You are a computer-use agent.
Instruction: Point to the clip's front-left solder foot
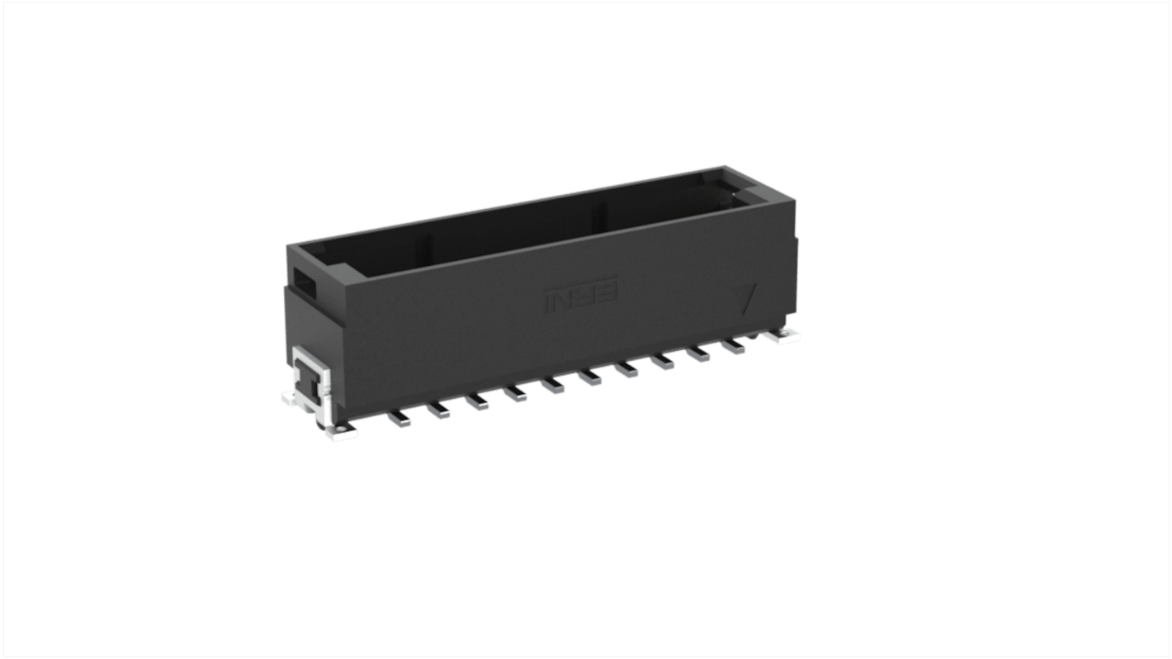click(341, 430)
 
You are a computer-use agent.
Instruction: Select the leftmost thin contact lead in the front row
click(399, 420)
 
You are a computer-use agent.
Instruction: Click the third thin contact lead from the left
click(477, 403)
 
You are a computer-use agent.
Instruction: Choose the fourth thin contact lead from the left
click(516, 396)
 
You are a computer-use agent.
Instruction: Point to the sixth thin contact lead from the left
click(591, 379)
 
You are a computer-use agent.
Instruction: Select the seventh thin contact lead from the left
click(627, 372)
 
